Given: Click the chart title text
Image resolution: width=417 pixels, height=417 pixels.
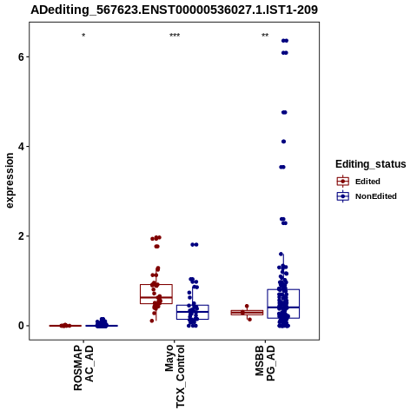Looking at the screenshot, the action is pos(174,10).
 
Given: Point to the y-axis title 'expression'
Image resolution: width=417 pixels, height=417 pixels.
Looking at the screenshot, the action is pos(10,181).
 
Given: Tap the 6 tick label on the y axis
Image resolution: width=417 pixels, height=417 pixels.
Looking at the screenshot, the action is pos(21,56).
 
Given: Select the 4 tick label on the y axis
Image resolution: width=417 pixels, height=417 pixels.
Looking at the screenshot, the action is pos(21,147).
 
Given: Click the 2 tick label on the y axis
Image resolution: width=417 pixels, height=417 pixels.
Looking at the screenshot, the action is pos(21,236).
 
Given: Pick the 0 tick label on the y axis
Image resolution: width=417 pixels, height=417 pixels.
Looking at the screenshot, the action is pos(21,326).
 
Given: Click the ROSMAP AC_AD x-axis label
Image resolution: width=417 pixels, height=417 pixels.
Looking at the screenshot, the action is pos(83,367).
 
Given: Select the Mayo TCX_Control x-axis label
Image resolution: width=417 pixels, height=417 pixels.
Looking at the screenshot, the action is pos(175,376).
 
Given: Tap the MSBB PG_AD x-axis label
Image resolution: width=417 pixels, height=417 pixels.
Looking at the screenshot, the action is pos(265,363).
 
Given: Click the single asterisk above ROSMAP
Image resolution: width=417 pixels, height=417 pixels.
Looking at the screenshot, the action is pos(83,36).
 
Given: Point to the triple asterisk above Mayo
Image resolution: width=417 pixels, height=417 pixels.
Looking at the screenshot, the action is pos(175,36).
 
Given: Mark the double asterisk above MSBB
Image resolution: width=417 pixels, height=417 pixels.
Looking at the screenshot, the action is pos(265,36).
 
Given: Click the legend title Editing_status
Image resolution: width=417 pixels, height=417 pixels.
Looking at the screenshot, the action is pos(370,164).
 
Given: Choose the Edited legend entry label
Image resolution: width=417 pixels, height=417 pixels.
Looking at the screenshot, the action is pos(367,182).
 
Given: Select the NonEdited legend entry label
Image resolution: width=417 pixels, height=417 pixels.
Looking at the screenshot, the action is pos(376,196).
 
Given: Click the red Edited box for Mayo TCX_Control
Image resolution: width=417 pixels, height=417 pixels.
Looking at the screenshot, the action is pos(156,285).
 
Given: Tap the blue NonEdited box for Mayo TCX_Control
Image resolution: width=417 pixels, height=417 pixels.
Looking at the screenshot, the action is pos(193,305).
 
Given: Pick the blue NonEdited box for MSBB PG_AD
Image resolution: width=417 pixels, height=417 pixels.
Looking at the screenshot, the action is pos(283,289).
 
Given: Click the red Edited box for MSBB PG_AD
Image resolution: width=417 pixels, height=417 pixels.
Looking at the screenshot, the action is pos(247,310).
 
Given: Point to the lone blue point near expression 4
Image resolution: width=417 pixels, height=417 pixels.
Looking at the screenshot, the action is pos(283,142).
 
